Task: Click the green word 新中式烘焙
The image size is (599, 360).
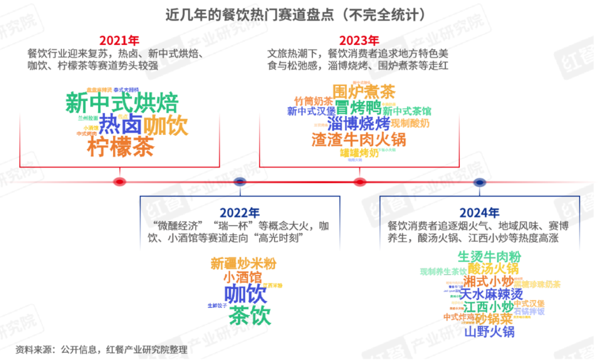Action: click(x=122, y=103)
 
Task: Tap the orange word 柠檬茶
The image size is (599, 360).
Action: click(x=121, y=147)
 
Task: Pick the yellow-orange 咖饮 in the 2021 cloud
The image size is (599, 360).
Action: click(x=166, y=125)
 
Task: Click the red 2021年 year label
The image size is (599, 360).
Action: click(x=119, y=40)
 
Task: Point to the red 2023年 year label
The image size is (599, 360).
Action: click(x=359, y=40)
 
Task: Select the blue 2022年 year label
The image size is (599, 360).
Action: click(x=240, y=213)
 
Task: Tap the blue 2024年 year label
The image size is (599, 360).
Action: click(x=479, y=213)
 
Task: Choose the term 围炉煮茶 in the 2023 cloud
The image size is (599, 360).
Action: click(x=364, y=91)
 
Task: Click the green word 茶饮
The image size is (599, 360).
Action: click(x=250, y=315)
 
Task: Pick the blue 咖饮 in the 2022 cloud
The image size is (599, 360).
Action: click(x=246, y=294)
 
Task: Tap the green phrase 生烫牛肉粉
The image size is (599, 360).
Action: click(x=490, y=256)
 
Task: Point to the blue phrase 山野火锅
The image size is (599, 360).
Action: click(x=490, y=332)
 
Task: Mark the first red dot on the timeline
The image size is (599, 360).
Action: click(x=119, y=181)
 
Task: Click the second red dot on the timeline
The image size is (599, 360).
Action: click(x=360, y=182)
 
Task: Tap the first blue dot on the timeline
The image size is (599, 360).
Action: click(x=240, y=181)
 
